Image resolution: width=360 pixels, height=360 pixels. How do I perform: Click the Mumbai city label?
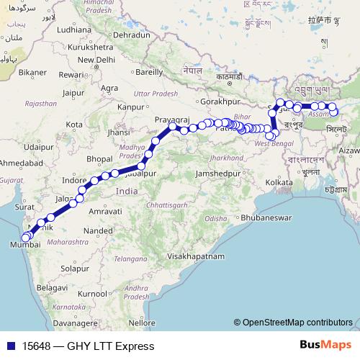(x=22, y=246)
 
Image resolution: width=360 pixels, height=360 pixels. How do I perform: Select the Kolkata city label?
(x=280, y=183)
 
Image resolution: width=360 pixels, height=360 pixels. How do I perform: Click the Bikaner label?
(x=32, y=72)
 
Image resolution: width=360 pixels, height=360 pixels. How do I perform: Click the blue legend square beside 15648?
(x=11, y=346)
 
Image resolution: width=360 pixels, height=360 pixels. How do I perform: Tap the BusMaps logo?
(x=325, y=346)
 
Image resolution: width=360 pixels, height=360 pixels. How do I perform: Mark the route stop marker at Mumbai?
(x=26, y=237)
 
